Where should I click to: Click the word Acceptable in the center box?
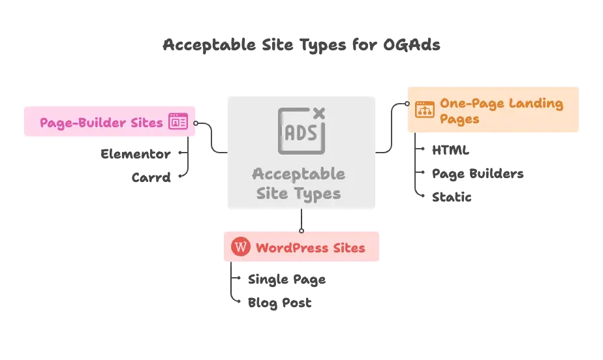click(299, 174)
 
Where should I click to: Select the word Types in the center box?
click(318, 194)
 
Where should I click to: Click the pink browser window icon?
click(178, 122)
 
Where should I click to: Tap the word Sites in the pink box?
click(143, 123)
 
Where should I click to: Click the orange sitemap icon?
click(425, 110)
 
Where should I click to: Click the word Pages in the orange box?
click(459, 119)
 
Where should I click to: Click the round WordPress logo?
click(241, 247)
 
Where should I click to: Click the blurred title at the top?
click(301, 45)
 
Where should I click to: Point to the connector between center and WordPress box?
click(301, 220)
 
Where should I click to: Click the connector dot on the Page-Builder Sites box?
click(196, 123)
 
